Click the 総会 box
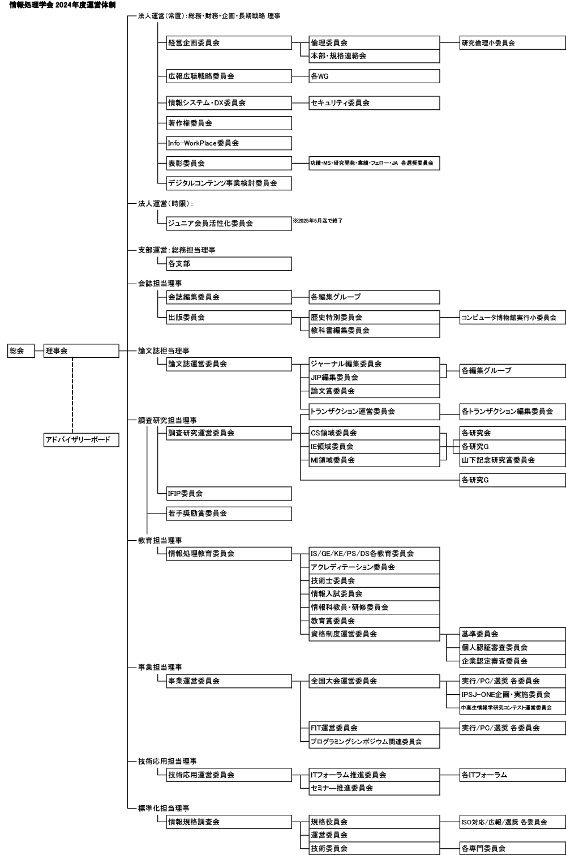[x=20, y=351]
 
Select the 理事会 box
[x=82, y=351]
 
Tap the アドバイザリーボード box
[x=82, y=439]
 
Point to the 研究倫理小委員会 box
[x=512, y=42]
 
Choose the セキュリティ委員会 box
[x=374, y=103]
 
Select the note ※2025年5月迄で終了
[x=318, y=220]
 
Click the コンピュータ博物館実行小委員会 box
[x=512, y=318]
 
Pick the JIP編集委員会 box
[x=374, y=377]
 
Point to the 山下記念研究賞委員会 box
[x=512, y=460]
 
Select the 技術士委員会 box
[x=374, y=580]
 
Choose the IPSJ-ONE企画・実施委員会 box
[x=512, y=694]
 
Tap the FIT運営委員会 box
[x=374, y=728]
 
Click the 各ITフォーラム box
[x=512, y=775]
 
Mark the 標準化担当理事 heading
[x=164, y=808]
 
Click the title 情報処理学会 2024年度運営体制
[x=62, y=5]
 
